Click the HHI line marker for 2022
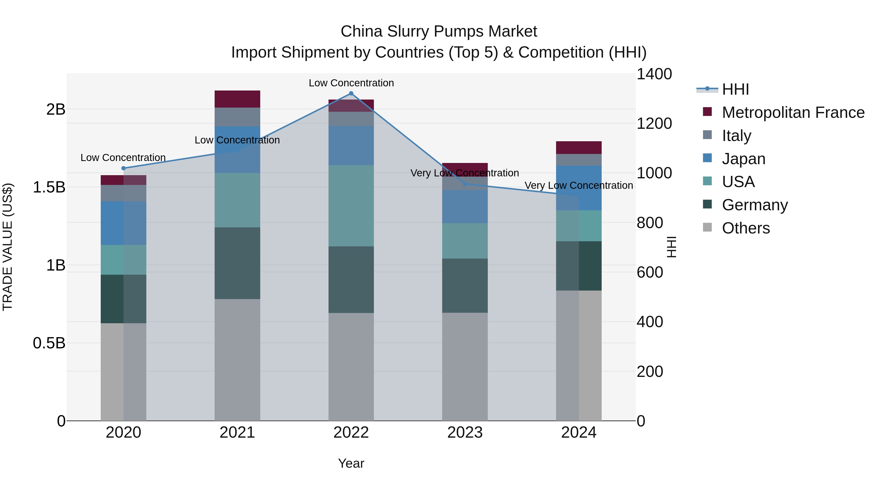click(351, 93)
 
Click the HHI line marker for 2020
click(123, 168)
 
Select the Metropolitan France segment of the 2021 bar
click(237, 99)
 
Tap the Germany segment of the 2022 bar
click(351, 280)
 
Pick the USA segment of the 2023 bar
click(465, 241)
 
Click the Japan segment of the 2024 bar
click(579, 188)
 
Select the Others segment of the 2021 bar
click(237, 360)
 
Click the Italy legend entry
click(736, 135)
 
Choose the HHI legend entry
click(735, 89)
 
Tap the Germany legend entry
click(755, 205)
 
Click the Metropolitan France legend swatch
click(707, 112)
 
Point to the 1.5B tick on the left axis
click(49, 187)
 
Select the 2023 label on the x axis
click(465, 433)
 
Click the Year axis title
click(351, 463)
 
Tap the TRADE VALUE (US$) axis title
click(8, 247)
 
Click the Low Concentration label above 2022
click(351, 83)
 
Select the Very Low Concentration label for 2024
click(579, 185)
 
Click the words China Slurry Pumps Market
click(439, 31)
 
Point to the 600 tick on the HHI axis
click(650, 272)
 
